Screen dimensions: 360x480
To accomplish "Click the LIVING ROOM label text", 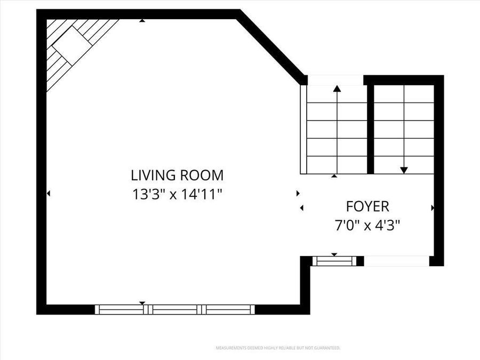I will coord(177,175).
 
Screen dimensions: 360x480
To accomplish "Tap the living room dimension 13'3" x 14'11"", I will coord(177,194).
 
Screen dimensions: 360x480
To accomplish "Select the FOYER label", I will coord(367,206).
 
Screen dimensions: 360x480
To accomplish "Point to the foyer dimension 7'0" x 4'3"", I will coord(367,225).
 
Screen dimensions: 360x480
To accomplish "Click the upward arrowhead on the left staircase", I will coord(337,89).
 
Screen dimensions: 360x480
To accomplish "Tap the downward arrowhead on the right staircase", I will coord(404,170).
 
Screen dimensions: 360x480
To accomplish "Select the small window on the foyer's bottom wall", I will coord(334,261).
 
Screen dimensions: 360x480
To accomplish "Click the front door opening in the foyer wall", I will coord(397,261).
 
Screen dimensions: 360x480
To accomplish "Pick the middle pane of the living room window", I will coord(175,309).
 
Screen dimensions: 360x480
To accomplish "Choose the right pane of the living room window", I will coord(229,309).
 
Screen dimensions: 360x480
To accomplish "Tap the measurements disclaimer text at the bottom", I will coord(277,348).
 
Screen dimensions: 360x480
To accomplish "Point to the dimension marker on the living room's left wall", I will coord(49,193).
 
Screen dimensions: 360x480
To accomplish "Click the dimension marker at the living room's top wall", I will coord(142,21).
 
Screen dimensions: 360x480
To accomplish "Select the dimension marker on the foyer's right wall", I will coord(432,207).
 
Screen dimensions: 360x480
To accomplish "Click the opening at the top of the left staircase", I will coord(335,81).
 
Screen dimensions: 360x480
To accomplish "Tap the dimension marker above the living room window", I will coord(142,303).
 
